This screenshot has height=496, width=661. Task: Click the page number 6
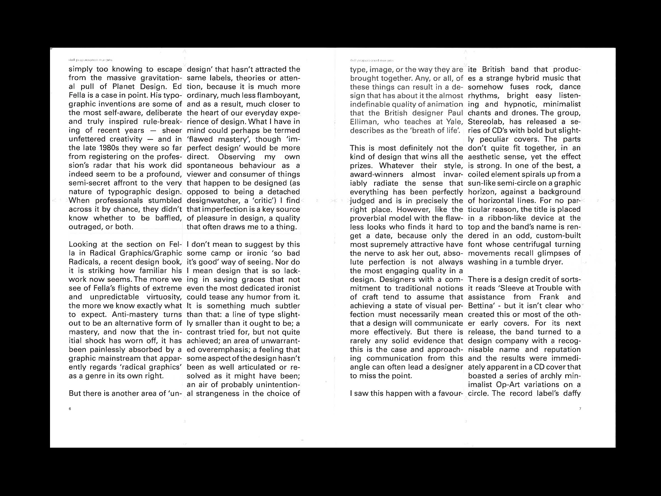click(70, 409)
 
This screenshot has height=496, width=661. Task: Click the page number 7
click(580, 409)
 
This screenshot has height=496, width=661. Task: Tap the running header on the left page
click(90, 60)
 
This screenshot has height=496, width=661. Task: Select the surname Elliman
click(364, 122)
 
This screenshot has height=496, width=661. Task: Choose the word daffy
click(571, 393)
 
